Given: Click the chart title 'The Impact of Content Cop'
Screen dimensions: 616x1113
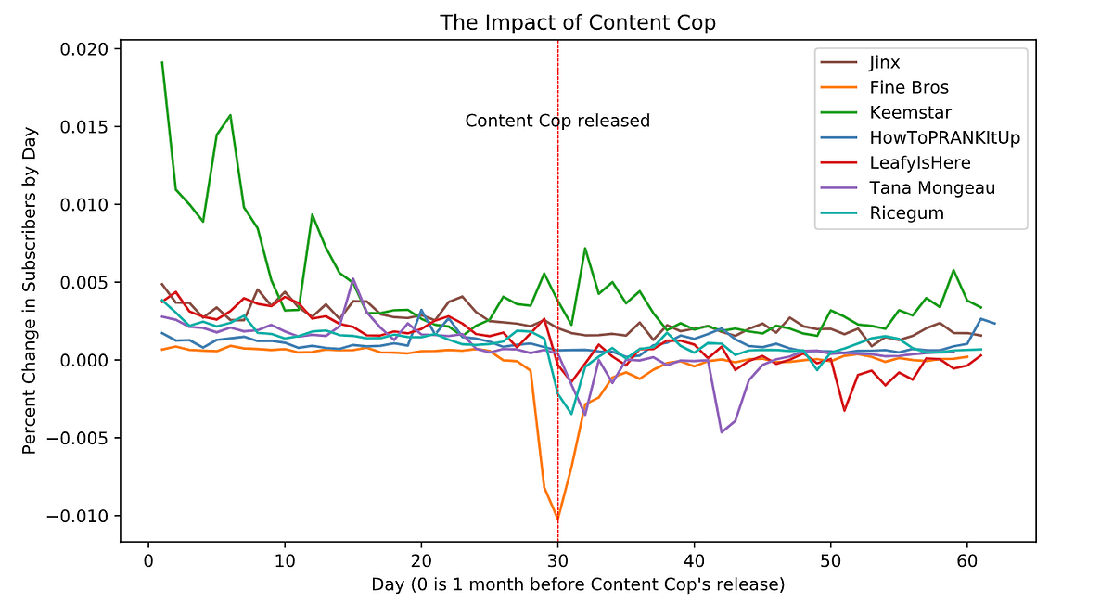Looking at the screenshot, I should click(x=578, y=20).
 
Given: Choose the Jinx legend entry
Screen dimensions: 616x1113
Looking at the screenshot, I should click(x=886, y=63).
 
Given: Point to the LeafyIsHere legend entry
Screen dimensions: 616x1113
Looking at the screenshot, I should click(x=920, y=163).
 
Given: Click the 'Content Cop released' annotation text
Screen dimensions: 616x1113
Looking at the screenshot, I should click(x=556, y=122).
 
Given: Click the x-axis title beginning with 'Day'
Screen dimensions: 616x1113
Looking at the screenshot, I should click(x=578, y=584).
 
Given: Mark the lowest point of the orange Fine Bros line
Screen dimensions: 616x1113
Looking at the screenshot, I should click(x=557, y=519).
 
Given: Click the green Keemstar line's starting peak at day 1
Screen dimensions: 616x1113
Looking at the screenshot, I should click(x=162, y=62).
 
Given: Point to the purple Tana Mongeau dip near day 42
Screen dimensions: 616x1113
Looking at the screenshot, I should click(x=722, y=431).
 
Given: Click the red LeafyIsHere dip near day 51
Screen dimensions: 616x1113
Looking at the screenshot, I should click(x=844, y=410).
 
